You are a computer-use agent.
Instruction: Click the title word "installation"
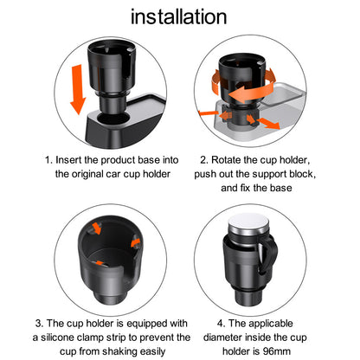(x=179, y=16)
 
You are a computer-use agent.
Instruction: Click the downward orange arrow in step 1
(x=78, y=89)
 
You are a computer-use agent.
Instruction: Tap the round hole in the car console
(x=114, y=119)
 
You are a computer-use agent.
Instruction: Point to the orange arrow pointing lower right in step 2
(x=268, y=123)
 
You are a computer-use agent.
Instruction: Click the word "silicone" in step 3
(x=57, y=337)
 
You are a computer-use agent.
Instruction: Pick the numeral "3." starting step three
(x=39, y=324)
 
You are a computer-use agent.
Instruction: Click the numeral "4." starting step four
(x=222, y=324)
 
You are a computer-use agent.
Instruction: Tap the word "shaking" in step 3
(x=119, y=351)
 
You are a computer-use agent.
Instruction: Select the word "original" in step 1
(x=87, y=174)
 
